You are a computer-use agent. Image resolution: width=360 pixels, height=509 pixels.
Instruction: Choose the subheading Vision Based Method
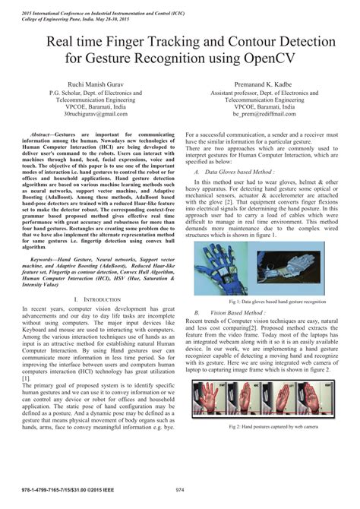click(x=232, y=312)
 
